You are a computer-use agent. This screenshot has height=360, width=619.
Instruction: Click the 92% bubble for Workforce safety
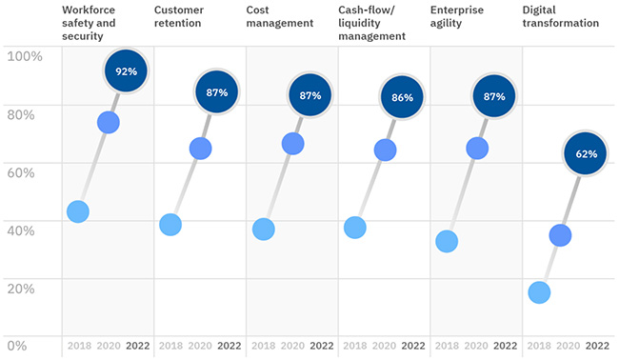click(x=127, y=70)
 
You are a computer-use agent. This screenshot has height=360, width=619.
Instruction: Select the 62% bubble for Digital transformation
click(x=587, y=153)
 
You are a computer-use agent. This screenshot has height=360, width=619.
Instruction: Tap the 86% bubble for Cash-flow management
click(x=403, y=96)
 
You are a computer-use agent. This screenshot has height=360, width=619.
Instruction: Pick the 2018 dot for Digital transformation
click(x=539, y=292)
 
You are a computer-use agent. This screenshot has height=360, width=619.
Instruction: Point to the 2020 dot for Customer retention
click(x=200, y=149)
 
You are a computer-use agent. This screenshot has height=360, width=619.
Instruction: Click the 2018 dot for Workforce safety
click(x=78, y=211)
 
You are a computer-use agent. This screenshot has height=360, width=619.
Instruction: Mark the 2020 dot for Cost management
click(x=292, y=144)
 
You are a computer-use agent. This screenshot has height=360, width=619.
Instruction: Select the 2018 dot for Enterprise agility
click(x=447, y=242)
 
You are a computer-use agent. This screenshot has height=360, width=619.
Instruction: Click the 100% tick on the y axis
click(x=25, y=56)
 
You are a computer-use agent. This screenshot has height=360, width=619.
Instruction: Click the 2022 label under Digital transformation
click(x=597, y=346)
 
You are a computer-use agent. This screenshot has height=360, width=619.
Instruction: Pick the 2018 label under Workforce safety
click(x=78, y=346)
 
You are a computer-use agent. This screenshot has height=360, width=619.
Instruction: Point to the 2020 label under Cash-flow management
click(x=385, y=346)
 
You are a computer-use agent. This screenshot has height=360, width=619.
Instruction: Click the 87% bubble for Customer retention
click(x=218, y=92)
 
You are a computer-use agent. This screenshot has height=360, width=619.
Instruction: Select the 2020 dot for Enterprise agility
click(x=477, y=149)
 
